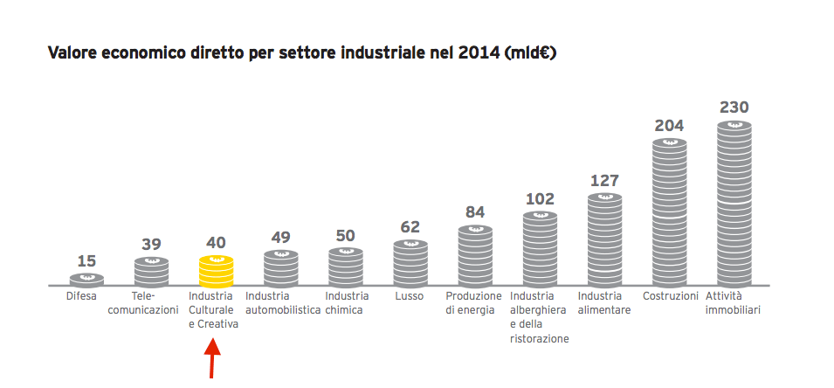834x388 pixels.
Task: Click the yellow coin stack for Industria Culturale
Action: coord(216,271)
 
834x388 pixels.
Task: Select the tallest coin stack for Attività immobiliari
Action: coord(734,204)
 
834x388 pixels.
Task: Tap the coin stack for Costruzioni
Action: coord(669,212)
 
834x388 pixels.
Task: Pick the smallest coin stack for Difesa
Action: coord(86,280)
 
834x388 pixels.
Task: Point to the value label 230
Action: coord(734,107)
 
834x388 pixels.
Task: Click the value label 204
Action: coord(669,125)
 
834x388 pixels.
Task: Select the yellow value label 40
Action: coord(216,242)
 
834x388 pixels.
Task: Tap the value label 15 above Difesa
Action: coord(86,260)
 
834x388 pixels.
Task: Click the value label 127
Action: coord(604,180)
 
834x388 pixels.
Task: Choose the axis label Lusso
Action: coord(410,296)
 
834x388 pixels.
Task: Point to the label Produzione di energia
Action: coord(474,303)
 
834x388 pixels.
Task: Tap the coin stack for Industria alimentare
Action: coord(604,239)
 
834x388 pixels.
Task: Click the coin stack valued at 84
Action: coord(475,255)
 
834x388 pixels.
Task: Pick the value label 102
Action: coord(540,198)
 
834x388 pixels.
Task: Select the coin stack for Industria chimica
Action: coord(346,267)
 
